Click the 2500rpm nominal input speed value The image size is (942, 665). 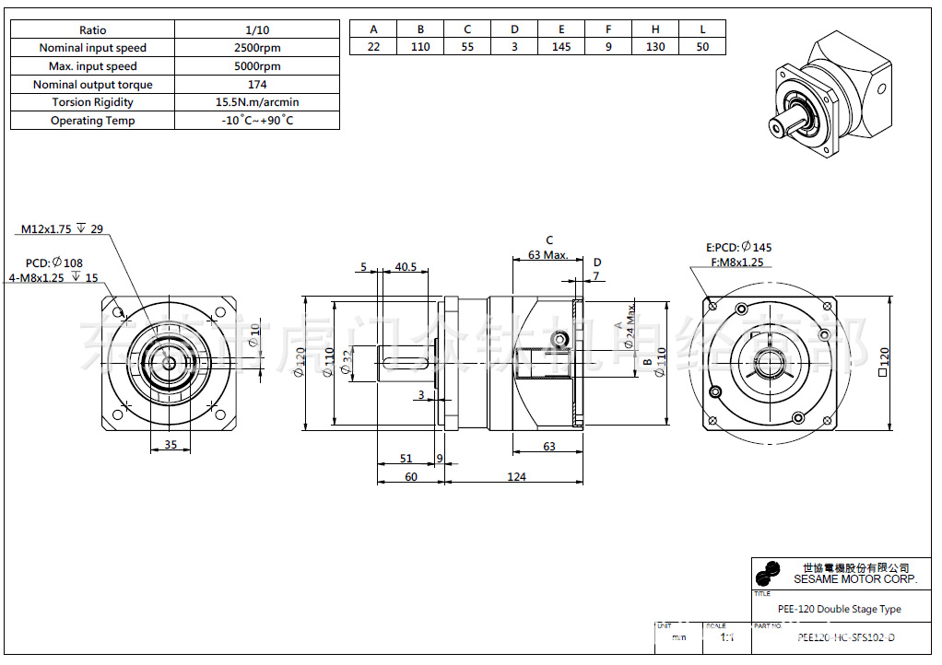(x=257, y=48)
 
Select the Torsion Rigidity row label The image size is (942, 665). (x=92, y=102)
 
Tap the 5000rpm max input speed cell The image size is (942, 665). (x=257, y=66)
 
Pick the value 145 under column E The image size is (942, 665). (x=561, y=47)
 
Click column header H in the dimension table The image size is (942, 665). (x=655, y=29)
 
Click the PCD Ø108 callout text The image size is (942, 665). (x=54, y=262)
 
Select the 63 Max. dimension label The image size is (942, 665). (x=548, y=255)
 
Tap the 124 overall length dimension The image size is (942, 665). (x=516, y=476)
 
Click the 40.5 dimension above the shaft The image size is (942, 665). (x=406, y=267)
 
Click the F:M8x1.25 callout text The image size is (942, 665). (x=737, y=262)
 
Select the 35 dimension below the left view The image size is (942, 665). (x=170, y=444)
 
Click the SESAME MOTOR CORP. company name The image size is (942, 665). (x=855, y=579)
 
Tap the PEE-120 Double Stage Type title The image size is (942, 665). (x=840, y=609)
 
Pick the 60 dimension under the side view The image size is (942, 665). (x=410, y=476)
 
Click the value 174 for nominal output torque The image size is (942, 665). (x=257, y=85)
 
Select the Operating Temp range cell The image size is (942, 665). (x=257, y=121)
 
